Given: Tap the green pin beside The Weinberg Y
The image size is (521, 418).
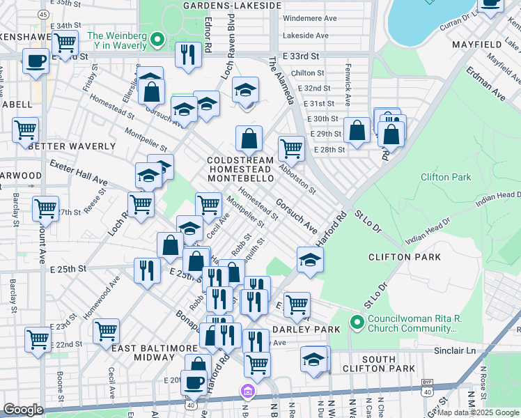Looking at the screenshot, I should pyautogui.click(x=157, y=40).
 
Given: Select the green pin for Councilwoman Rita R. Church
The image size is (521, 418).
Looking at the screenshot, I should pyautogui.click(x=357, y=322).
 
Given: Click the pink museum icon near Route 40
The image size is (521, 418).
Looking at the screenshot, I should pyautogui.click(x=245, y=392).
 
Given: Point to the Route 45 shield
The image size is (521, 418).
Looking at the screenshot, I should pyautogui.click(x=43, y=14).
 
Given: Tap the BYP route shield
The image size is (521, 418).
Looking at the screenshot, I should pyautogui.click(x=426, y=384).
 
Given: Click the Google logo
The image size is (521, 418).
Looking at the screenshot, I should pyautogui.click(x=24, y=410).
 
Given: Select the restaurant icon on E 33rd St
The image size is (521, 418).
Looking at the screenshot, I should pyautogui.click(x=187, y=54).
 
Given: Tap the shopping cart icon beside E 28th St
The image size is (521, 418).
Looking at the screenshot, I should pyautogui.click(x=290, y=147).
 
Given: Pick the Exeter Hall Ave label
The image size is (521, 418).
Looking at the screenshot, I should pyautogui.click(x=78, y=175).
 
